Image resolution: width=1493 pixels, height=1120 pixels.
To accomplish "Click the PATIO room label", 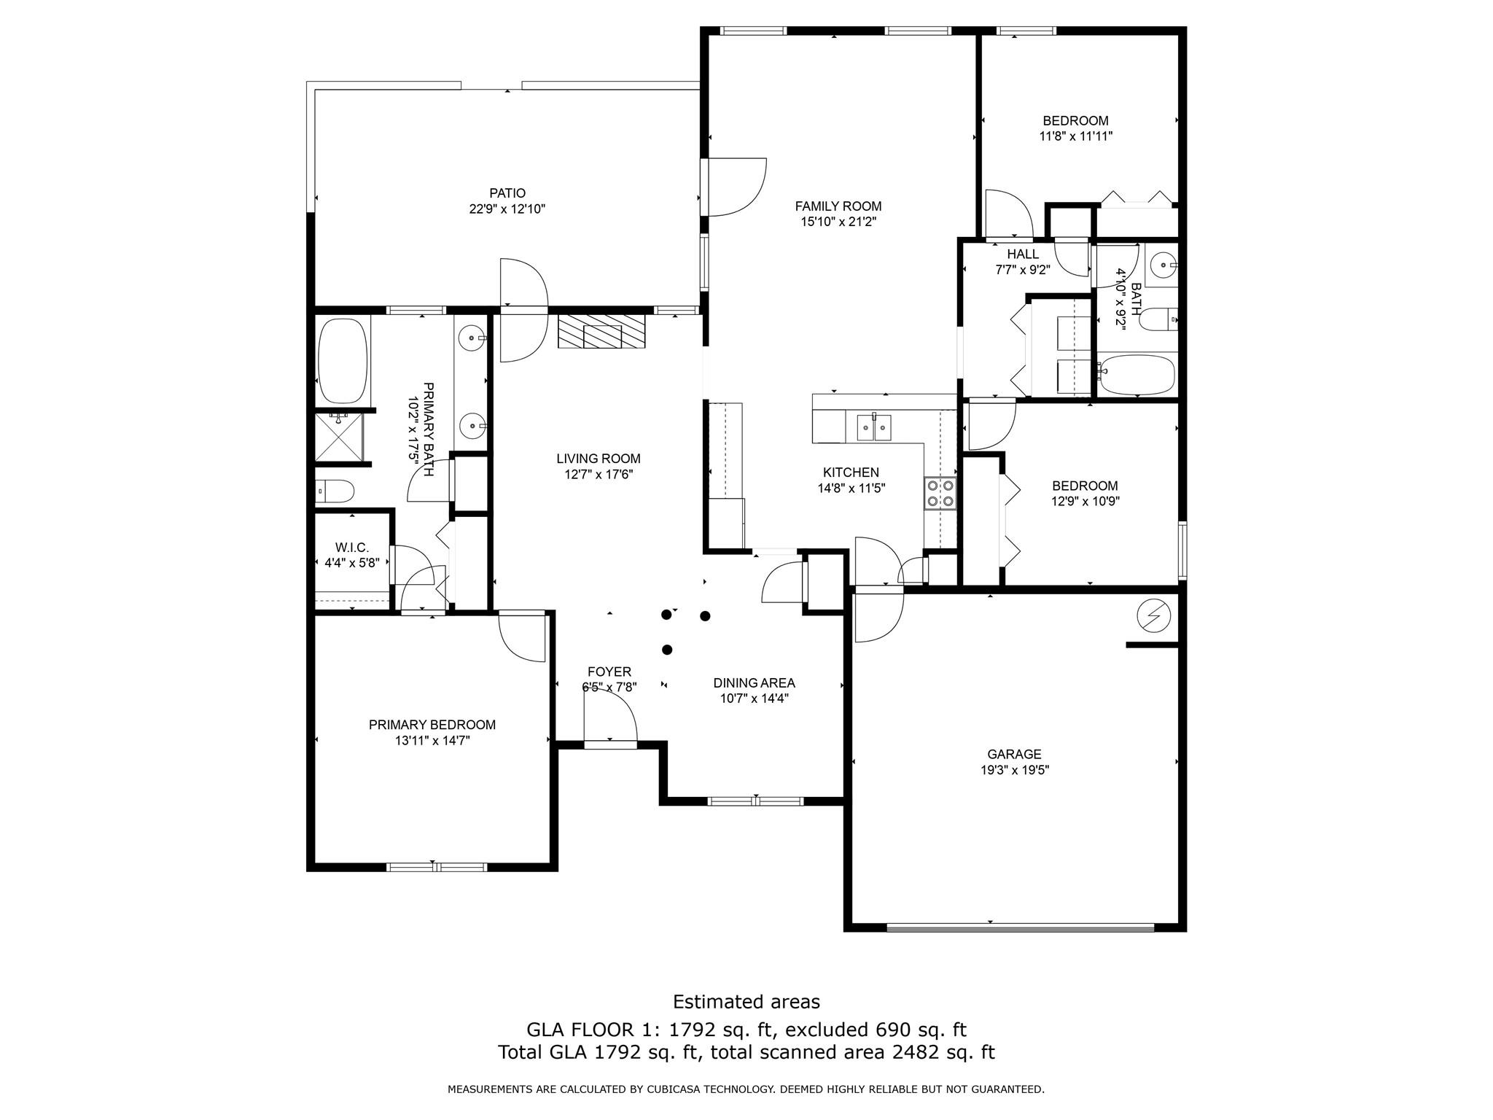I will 507,193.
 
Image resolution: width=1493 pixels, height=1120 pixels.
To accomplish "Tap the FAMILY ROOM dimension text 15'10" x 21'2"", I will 838,222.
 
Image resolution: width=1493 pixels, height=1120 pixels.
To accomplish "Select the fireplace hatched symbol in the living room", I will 602,332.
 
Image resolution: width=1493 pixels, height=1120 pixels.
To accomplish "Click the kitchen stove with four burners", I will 940,492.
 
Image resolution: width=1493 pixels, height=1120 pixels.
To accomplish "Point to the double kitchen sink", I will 873,427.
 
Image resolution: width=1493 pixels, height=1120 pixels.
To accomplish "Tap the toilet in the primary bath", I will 335,491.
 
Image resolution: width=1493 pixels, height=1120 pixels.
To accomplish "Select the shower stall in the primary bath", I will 338,437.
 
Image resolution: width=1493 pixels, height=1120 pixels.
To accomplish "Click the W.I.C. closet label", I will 352,547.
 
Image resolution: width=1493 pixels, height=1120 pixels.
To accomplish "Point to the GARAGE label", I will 1014,754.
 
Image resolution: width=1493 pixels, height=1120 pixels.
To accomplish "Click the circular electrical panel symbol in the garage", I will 1154,617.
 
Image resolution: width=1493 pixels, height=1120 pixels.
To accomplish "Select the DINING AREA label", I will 754,683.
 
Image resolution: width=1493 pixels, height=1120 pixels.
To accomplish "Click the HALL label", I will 1023,254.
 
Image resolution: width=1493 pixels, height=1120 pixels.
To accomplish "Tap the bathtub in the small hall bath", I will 1137,375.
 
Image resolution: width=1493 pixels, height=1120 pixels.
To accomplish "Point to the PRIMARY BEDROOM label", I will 432,725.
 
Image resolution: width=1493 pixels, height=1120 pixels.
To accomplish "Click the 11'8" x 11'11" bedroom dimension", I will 1075,136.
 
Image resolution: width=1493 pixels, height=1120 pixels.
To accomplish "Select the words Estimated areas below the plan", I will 746,1002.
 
